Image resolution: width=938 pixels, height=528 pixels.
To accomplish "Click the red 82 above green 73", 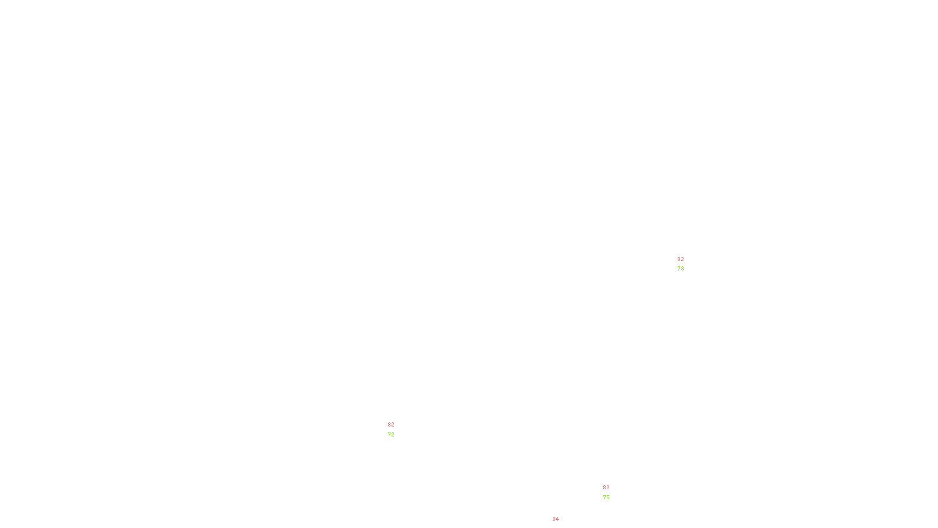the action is (x=680, y=259).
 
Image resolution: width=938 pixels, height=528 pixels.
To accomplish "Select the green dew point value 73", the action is (x=680, y=269).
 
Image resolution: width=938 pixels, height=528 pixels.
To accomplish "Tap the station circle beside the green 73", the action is (x=686, y=265).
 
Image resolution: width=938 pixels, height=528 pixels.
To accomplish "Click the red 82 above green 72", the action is (x=391, y=425).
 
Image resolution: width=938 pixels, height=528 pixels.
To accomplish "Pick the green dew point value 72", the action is (x=391, y=435).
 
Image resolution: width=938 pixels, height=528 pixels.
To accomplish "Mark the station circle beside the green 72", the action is (x=396, y=431).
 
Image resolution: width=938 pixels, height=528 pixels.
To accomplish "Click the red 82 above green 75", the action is (x=606, y=488).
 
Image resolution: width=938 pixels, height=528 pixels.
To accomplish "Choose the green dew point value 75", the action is (x=606, y=497).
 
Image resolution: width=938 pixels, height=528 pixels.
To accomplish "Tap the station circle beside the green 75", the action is (x=612, y=493).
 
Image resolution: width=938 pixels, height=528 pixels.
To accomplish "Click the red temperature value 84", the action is (x=556, y=519).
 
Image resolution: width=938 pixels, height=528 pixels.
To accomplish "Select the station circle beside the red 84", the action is (x=562, y=524).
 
